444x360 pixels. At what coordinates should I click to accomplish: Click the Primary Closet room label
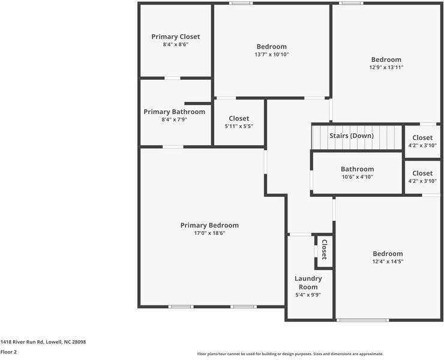(x=175, y=37)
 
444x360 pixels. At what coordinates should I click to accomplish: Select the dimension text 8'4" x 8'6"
(x=175, y=44)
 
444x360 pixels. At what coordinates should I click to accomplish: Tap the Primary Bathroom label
(x=174, y=112)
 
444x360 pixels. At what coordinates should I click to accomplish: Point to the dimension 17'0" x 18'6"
(x=209, y=233)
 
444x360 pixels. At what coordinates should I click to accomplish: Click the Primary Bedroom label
(x=209, y=226)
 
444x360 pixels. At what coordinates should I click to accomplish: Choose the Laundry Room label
(x=308, y=283)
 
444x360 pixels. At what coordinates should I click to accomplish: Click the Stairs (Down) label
(x=351, y=136)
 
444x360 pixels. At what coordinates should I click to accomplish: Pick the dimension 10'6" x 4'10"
(x=357, y=177)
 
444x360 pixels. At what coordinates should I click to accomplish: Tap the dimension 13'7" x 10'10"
(x=271, y=55)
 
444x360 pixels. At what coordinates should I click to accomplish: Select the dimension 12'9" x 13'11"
(x=386, y=67)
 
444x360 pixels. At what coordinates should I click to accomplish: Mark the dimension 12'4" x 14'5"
(x=388, y=262)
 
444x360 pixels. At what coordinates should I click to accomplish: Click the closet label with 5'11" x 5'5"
(x=239, y=119)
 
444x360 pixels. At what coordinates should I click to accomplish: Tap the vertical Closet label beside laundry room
(x=324, y=250)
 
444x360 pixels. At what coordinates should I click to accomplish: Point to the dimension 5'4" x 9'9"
(x=308, y=295)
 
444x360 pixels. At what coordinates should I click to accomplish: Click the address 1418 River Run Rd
(x=43, y=341)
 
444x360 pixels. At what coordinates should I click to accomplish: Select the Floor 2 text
(x=8, y=352)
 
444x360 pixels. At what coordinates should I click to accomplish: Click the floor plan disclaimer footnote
(x=290, y=354)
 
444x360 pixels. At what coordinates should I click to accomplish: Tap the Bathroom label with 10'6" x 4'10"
(x=357, y=169)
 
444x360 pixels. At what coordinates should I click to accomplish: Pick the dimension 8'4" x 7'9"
(x=174, y=119)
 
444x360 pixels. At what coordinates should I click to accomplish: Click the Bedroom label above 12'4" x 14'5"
(x=388, y=254)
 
